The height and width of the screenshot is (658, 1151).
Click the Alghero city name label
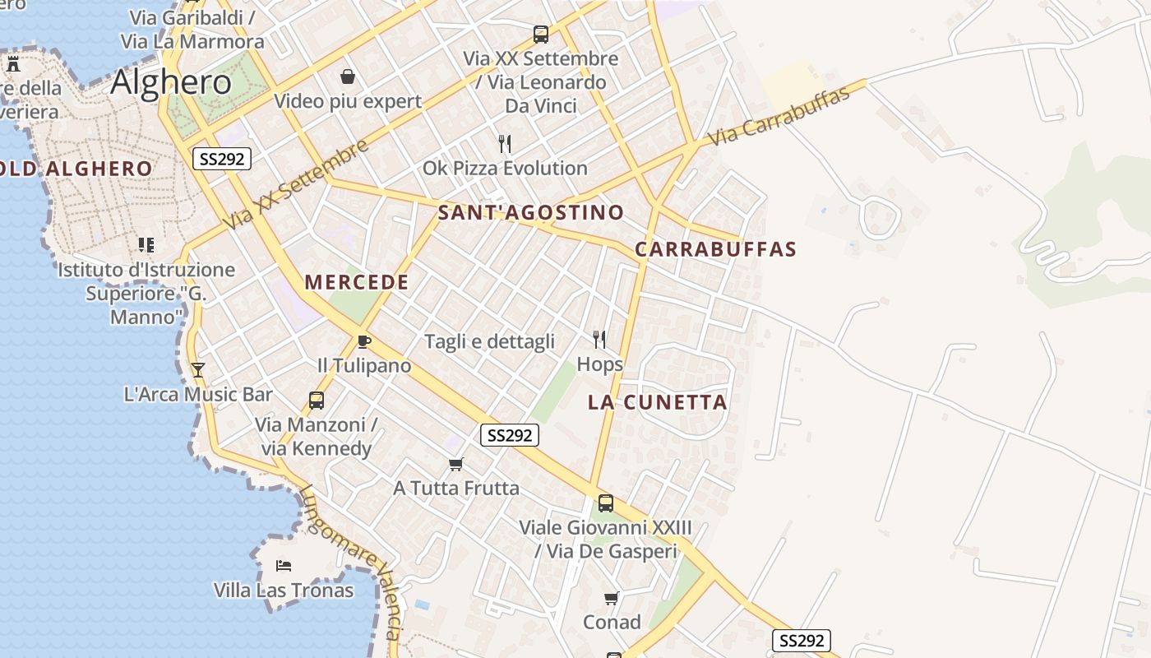171,82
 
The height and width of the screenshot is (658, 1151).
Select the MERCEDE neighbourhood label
357,282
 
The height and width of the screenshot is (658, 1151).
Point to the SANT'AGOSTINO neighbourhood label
531,212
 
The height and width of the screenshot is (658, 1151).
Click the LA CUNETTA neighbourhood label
658,402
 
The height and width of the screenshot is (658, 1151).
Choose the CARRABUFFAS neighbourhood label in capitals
716,249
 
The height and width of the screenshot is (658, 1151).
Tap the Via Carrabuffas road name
779,116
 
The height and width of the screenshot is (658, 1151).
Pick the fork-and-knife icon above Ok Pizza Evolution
505,144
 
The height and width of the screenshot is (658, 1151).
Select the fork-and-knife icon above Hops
599,339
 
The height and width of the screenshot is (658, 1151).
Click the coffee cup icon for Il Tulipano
364,341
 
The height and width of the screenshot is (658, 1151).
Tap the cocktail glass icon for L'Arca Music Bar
197,370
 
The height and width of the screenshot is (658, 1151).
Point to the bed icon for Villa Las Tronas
284,566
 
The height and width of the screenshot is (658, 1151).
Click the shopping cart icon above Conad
611,598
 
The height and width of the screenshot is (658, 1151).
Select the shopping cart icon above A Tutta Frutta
456,464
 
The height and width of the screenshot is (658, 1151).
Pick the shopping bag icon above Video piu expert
348,77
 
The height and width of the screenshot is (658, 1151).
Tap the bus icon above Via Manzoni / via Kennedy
317,401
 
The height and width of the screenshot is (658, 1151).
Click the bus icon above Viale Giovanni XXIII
606,503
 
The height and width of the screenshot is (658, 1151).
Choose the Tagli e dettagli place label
489,341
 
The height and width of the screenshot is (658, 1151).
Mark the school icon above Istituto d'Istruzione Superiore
146,245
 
